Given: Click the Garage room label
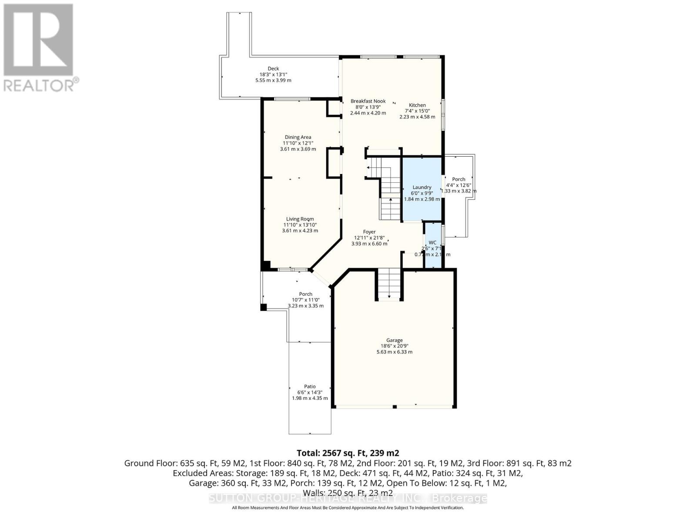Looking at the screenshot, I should pos(394,340).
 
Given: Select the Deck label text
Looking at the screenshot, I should pos(273,68).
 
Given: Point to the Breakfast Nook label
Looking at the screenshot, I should pos(368,101).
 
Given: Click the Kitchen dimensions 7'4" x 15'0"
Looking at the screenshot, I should pos(417,111).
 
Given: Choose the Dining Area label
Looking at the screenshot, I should pos(298,137).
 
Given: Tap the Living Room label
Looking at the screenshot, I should pos(300,219).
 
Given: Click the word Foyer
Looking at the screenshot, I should pos(369,232).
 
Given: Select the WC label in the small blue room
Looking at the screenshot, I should pos(432,242).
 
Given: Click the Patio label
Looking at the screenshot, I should pos(310,386).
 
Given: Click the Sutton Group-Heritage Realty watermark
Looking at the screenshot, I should pos(348,498).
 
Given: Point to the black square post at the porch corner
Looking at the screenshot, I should pos(263,308).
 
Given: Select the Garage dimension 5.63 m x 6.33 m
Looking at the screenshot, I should pos(394,352).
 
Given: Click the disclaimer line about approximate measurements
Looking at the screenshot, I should pos(348,508).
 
